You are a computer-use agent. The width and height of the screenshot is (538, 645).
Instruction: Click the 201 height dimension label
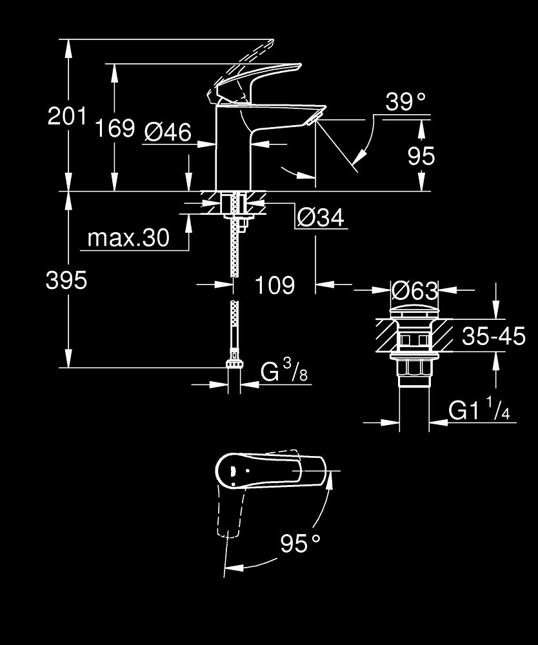click(68, 115)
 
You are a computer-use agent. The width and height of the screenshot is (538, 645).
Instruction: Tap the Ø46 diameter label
click(168, 132)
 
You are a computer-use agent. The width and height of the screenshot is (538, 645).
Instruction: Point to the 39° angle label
click(406, 101)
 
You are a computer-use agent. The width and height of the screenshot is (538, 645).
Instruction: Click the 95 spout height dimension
click(421, 155)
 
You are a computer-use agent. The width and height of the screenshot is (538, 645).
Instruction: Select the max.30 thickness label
click(128, 237)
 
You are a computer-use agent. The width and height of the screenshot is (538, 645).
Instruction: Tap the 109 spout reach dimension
click(275, 284)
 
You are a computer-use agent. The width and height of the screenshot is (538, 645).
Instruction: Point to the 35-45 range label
click(493, 335)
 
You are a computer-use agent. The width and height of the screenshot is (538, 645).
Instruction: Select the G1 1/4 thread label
click(479, 409)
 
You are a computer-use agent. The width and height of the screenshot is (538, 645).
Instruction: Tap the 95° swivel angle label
click(300, 543)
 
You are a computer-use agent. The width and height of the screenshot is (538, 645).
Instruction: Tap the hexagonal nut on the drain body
click(414, 368)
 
